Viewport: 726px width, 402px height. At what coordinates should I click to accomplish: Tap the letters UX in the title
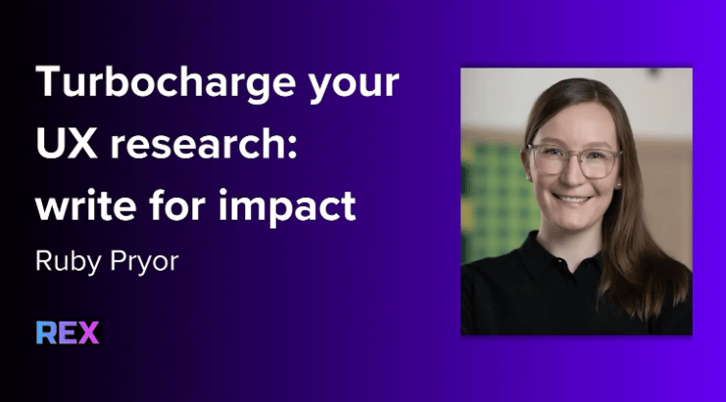tap(66, 143)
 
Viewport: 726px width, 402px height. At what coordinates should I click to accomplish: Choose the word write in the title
tap(85, 205)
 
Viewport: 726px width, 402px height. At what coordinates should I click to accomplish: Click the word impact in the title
tap(287, 207)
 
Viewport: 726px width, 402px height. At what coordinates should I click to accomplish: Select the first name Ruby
tap(68, 263)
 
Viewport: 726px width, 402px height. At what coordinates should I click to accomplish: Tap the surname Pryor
tap(144, 263)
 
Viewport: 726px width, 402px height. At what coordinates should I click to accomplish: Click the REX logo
tap(68, 332)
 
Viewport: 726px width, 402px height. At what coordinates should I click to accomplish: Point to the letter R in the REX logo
tap(46, 332)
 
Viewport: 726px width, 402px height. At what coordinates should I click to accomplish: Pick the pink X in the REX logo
tap(88, 332)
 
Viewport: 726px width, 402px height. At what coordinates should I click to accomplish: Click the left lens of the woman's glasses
tap(549, 160)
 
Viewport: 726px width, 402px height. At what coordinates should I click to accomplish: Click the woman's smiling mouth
tap(572, 199)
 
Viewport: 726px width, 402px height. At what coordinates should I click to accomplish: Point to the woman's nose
tap(572, 174)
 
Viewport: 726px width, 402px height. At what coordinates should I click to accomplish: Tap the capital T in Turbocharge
tap(48, 82)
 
